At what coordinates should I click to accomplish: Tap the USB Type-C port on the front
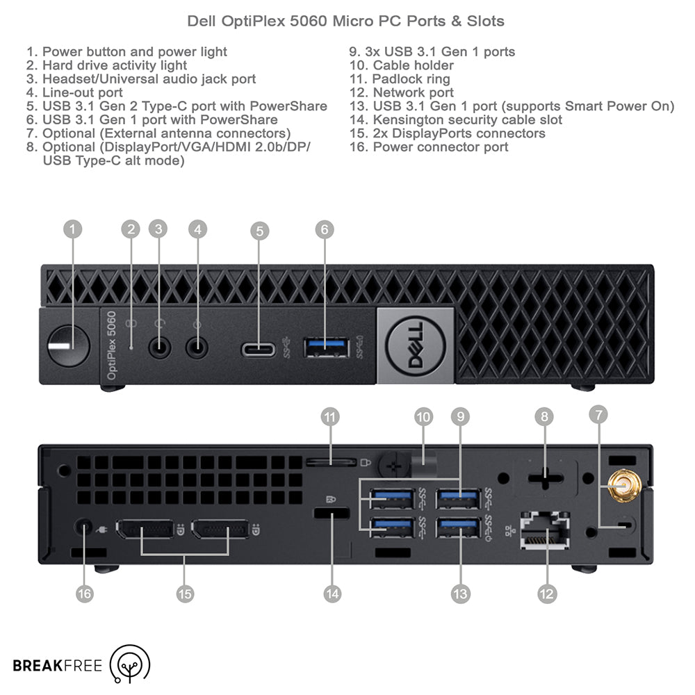tap(259, 348)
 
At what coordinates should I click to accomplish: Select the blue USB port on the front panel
tap(325, 347)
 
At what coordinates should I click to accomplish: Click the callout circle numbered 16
tap(85, 594)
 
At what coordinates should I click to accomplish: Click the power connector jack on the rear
tap(85, 528)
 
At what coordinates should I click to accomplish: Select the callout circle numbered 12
tap(546, 594)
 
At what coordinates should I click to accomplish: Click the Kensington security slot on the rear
tap(332, 515)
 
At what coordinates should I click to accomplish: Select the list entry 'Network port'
tap(413, 92)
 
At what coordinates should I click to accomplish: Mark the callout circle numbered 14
tap(332, 594)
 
